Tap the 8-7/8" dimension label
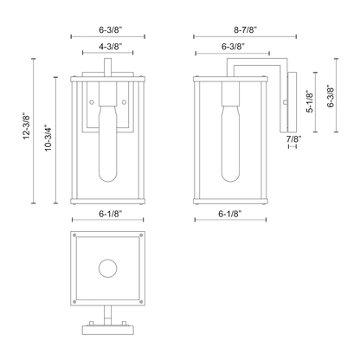(x=245, y=29)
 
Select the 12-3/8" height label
(x=27, y=125)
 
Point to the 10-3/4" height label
(x=48, y=138)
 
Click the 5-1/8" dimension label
(x=310, y=100)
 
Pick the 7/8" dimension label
(x=293, y=138)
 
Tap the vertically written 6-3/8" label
(x=331, y=96)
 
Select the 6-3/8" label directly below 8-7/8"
(x=234, y=47)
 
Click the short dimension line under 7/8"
(x=292, y=146)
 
